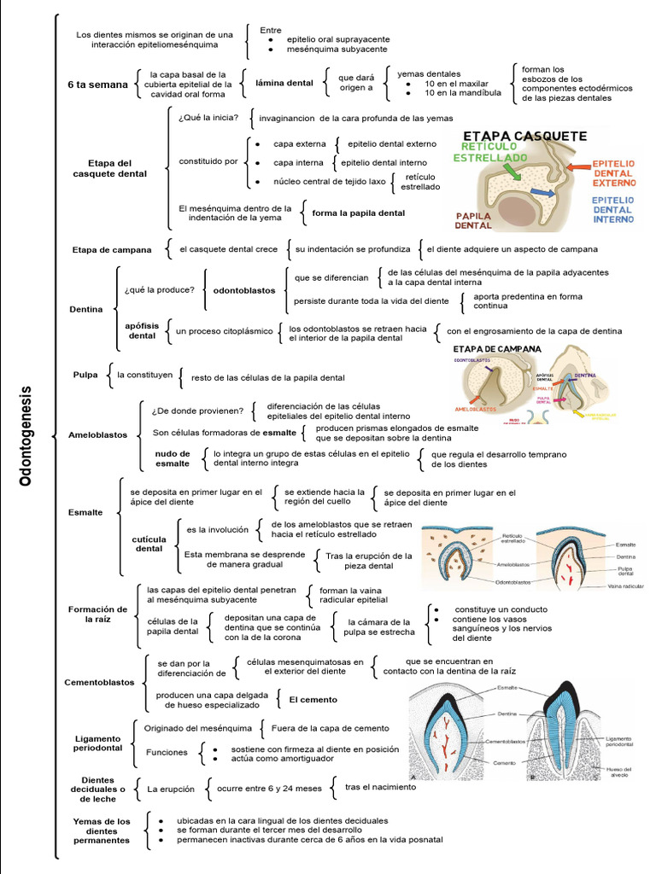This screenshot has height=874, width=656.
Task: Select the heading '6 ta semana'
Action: click(x=97, y=84)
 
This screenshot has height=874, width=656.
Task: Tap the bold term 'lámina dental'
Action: click(x=284, y=83)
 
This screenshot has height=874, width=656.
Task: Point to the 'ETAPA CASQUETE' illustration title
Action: click(x=524, y=137)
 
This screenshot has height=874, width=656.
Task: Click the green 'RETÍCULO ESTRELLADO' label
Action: click(x=489, y=152)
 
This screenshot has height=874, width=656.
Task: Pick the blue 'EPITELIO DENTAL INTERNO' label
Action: click(x=612, y=209)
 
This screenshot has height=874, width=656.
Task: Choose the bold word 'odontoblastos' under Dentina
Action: click(x=244, y=290)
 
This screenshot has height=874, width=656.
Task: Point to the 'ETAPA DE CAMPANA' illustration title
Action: click(x=496, y=349)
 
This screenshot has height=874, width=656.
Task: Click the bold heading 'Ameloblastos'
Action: click(x=97, y=435)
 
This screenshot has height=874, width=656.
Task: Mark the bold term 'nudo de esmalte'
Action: click(x=172, y=458)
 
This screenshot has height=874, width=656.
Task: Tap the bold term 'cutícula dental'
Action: click(x=149, y=544)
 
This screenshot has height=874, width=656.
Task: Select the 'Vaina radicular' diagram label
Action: click(x=625, y=586)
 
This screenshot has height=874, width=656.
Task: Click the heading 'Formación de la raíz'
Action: click(x=97, y=615)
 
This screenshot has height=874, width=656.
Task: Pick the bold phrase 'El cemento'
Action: click(x=313, y=700)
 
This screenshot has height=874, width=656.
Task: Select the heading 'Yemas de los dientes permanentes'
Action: click(x=102, y=830)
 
